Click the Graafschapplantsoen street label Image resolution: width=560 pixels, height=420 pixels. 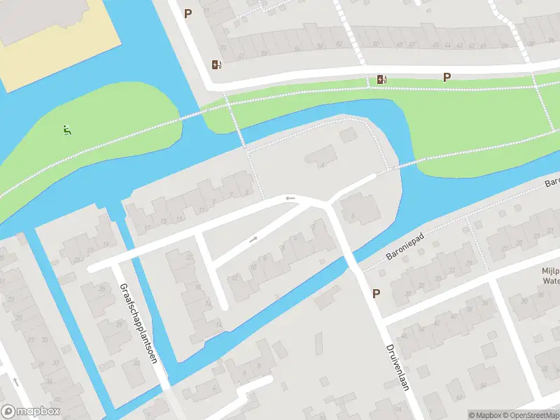(x=137, y=323)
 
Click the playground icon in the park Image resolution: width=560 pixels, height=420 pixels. (x=66, y=129)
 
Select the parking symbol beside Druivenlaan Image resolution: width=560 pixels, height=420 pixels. (x=377, y=294)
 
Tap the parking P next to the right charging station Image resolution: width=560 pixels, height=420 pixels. (x=447, y=78)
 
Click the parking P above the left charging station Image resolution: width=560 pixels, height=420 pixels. (x=188, y=13)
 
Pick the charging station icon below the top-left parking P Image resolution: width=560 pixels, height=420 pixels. (x=216, y=65)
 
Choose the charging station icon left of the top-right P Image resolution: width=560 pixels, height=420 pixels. (x=381, y=79)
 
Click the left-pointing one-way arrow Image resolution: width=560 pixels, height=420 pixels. (x=290, y=199)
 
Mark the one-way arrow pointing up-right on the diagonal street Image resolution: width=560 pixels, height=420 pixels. (x=253, y=239)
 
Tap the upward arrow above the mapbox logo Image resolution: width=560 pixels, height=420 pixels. (x=15, y=382)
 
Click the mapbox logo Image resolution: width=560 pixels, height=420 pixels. (x=31, y=412)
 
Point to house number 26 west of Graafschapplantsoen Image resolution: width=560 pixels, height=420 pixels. (x=102, y=288)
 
